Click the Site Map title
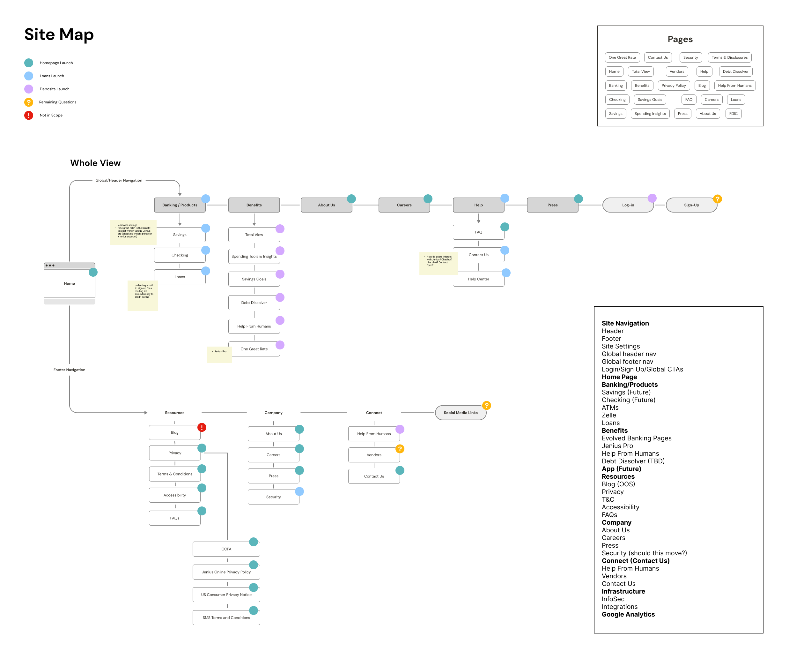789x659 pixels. [x=59, y=34]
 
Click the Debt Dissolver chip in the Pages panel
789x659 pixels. [x=735, y=71]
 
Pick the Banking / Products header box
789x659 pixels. [x=180, y=205]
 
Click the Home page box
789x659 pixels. [x=70, y=283]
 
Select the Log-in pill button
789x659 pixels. [x=628, y=205]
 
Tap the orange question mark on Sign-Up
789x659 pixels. [x=717, y=199]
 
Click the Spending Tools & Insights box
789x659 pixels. [x=254, y=256]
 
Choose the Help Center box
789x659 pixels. [x=478, y=279]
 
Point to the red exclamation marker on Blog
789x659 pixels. [x=202, y=427]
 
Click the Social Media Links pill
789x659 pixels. [x=461, y=413]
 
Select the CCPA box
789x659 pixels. [x=226, y=549]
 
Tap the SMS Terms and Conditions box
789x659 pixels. [x=226, y=618]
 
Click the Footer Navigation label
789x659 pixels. [x=70, y=370]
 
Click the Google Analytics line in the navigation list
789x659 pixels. [x=628, y=614]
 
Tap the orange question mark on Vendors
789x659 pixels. [x=400, y=449]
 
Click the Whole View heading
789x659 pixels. [x=95, y=163]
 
